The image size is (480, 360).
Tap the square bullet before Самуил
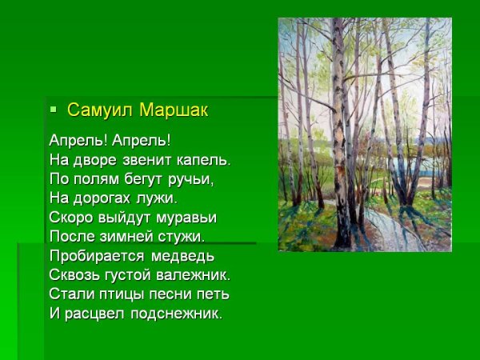point(54,109)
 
